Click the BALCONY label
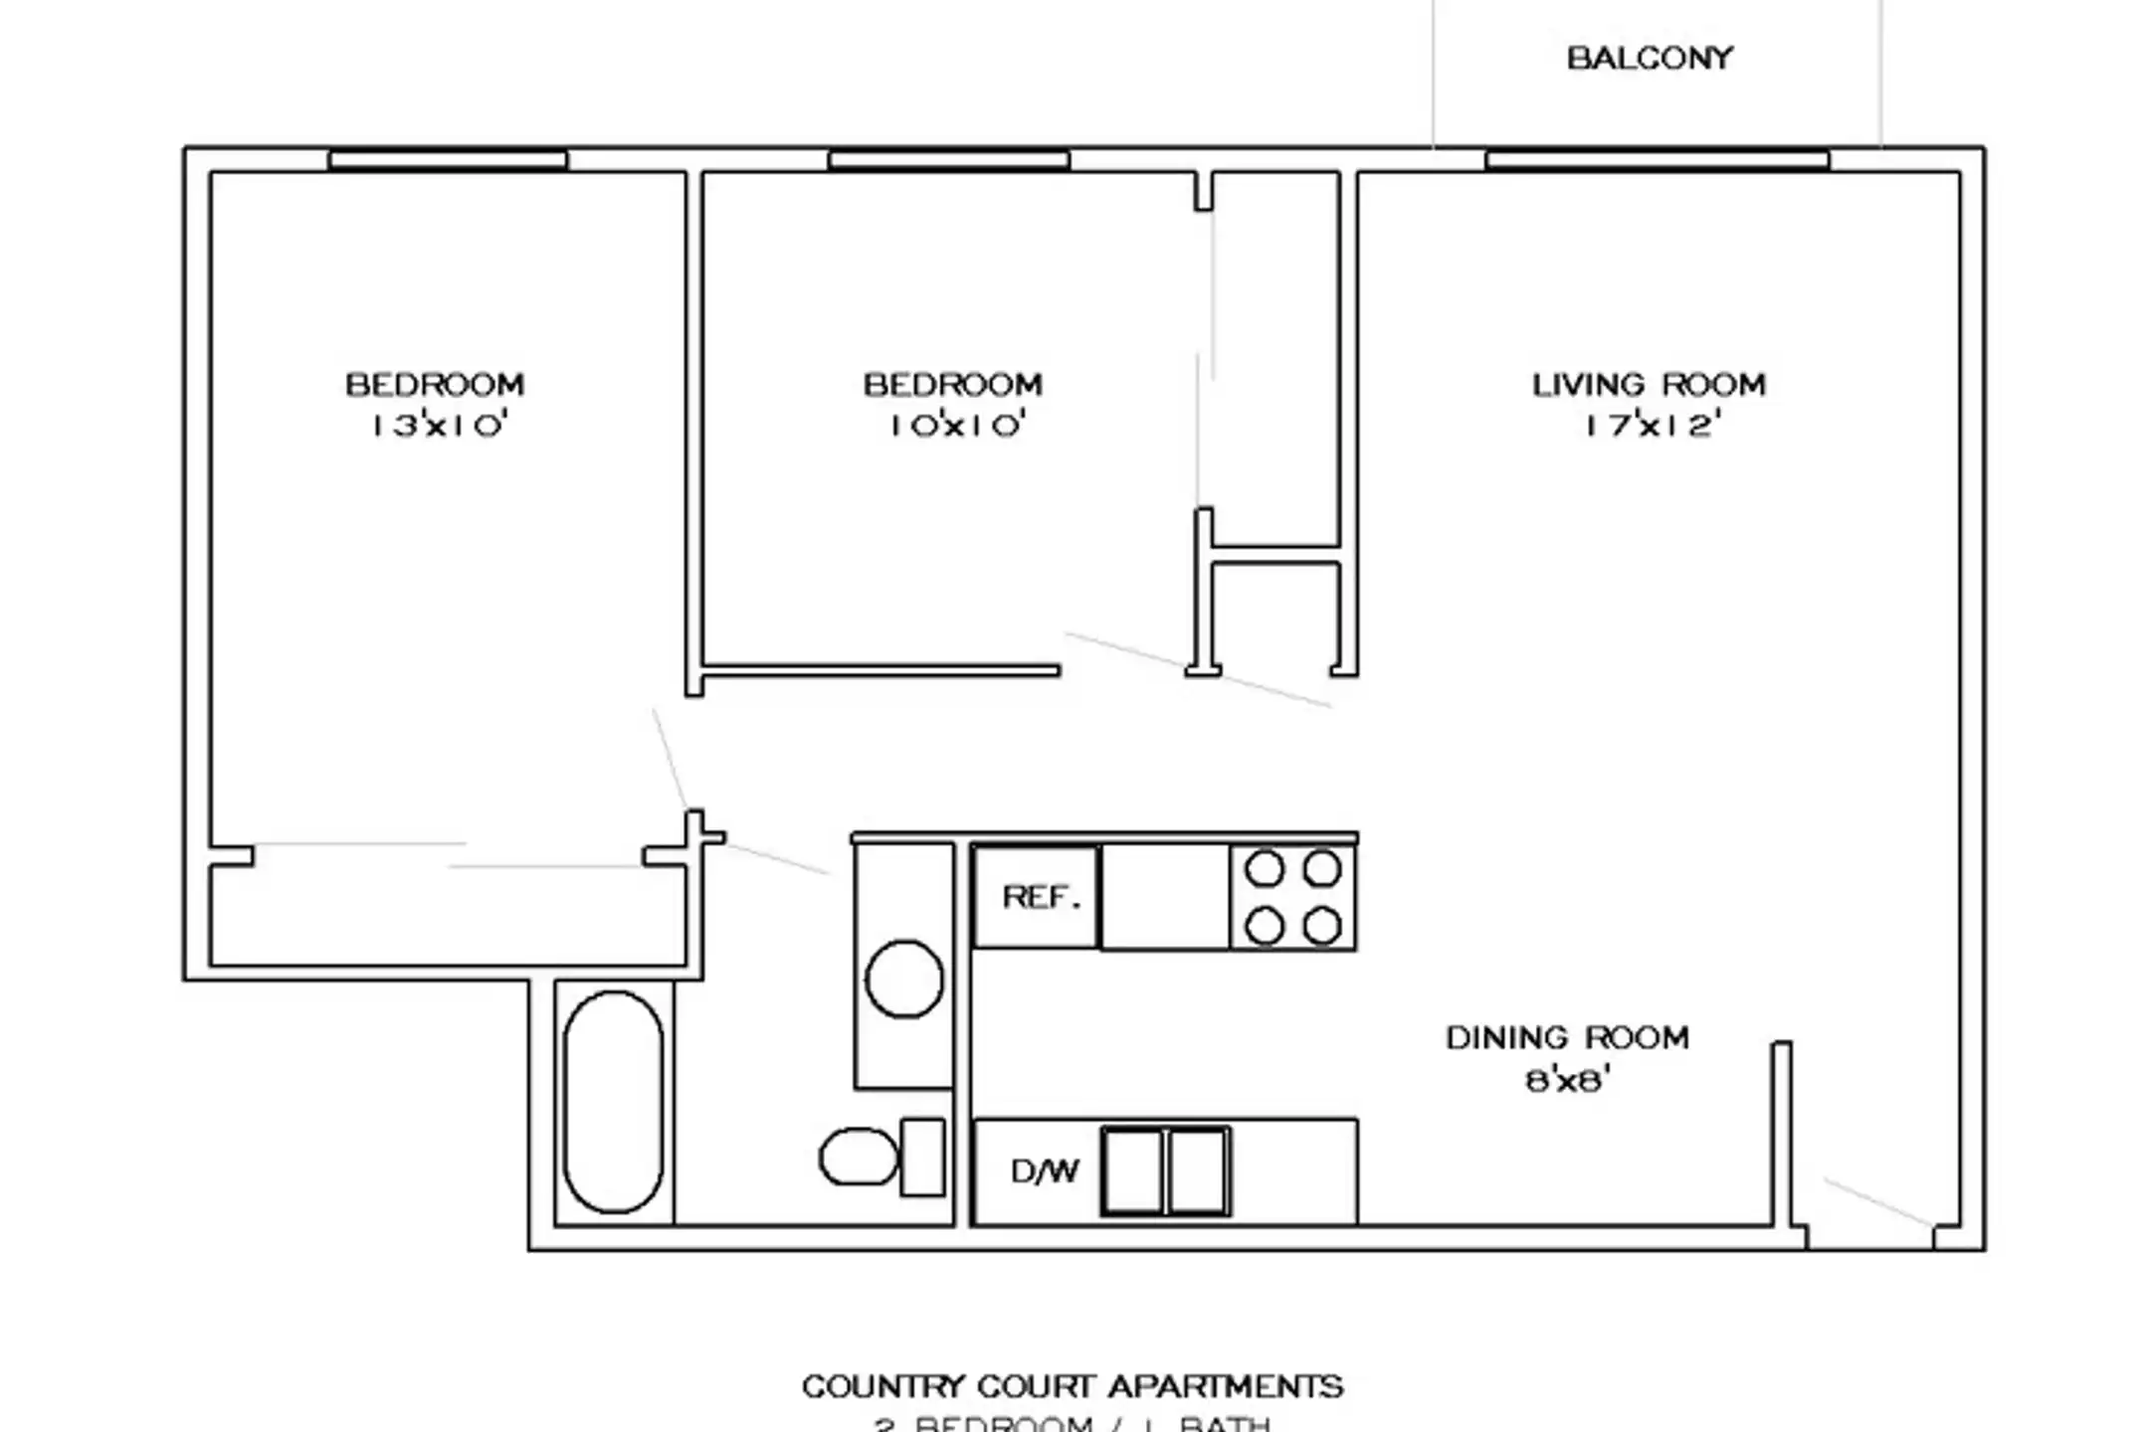(x=1650, y=59)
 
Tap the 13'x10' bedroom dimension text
(x=439, y=426)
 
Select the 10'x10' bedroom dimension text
(x=956, y=426)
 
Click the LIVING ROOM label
(x=1649, y=385)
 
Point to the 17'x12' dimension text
(x=1653, y=426)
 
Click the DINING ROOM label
(x=1567, y=1038)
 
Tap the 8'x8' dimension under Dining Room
(x=1567, y=1080)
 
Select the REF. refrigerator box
(x=1037, y=897)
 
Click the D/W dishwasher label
(x=1044, y=1171)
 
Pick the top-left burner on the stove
(x=1265, y=869)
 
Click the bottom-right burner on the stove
(x=1322, y=927)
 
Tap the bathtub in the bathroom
(x=613, y=1102)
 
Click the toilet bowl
(x=857, y=1157)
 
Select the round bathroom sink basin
(x=903, y=980)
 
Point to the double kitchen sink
(x=1165, y=1171)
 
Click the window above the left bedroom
(x=448, y=159)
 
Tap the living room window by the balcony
(x=1657, y=159)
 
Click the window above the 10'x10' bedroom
(x=948, y=159)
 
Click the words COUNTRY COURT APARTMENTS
(x=1073, y=1386)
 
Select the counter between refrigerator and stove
(x=1165, y=897)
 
